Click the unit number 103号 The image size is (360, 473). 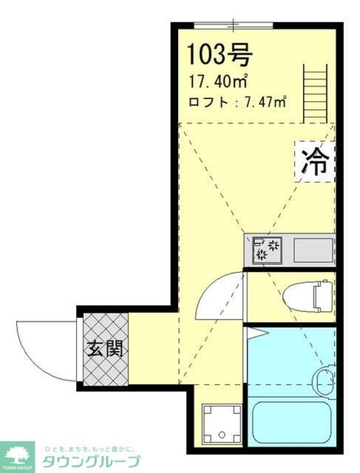220,55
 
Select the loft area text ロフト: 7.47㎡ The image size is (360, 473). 237,101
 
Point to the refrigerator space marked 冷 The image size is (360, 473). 314,161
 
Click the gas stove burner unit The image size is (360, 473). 267,249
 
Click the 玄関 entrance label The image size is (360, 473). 106,349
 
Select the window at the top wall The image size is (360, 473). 233,25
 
